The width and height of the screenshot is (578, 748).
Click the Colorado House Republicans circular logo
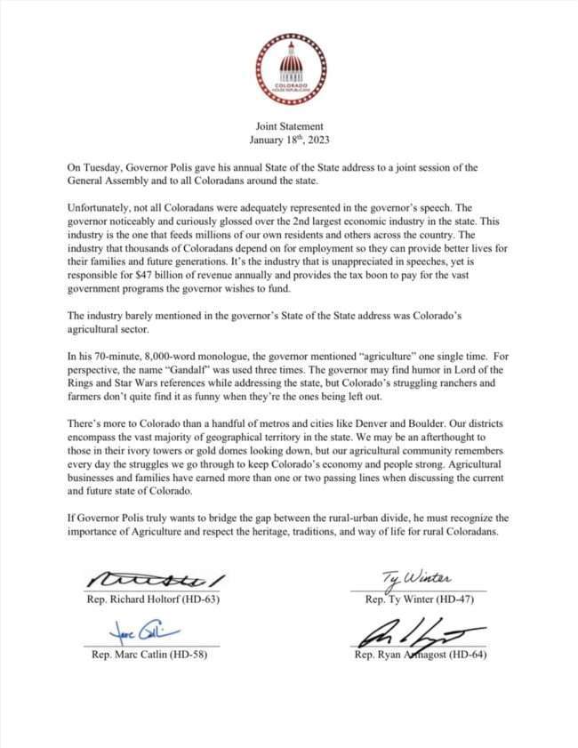click(x=290, y=68)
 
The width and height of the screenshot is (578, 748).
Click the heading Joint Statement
click(x=289, y=126)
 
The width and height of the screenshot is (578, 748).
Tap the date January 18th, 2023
click(x=289, y=140)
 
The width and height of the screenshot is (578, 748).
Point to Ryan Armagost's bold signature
click(x=418, y=636)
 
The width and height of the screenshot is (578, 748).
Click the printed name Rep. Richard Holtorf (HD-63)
click(x=155, y=599)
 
